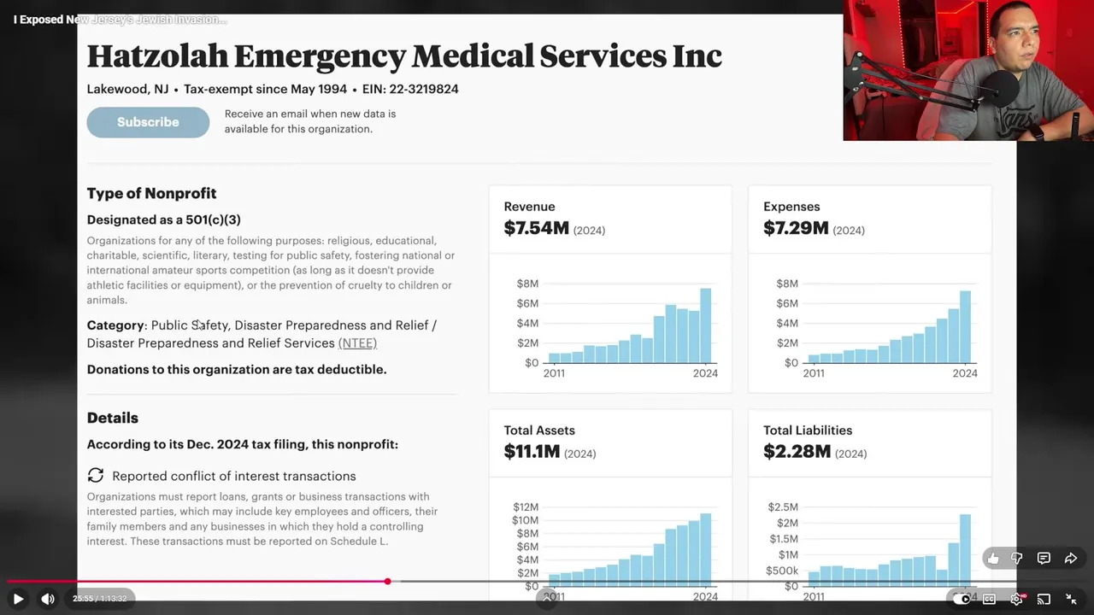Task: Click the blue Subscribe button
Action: (148, 122)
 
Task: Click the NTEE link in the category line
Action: (357, 343)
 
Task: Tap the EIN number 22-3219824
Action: (423, 89)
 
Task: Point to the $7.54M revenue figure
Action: (536, 228)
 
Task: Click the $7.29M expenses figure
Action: (796, 228)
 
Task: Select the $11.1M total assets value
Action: (531, 452)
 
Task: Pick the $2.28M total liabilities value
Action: (797, 452)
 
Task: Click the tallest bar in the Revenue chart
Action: (705, 325)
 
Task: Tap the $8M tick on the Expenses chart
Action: (786, 284)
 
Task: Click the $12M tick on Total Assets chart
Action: (526, 507)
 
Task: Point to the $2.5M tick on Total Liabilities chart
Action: (783, 507)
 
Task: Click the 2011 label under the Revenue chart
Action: (554, 373)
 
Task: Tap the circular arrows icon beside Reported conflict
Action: (96, 475)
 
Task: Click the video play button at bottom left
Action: (18, 599)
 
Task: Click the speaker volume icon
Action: (48, 599)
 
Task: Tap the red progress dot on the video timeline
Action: (387, 582)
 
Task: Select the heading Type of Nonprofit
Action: (151, 193)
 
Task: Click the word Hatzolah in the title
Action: (157, 56)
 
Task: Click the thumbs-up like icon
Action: (992, 559)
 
